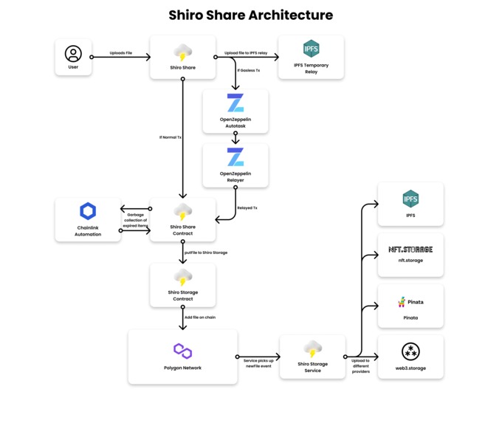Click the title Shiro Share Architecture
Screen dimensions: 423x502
pyautogui.click(x=250, y=15)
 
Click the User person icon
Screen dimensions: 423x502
pyautogui.click(x=73, y=53)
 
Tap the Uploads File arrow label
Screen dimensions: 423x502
pyautogui.click(x=120, y=52)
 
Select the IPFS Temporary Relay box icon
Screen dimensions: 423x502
pyautogui.click(x=311, y=49)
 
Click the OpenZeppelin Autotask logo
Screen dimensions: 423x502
pyautogui.click(x=235, y=103)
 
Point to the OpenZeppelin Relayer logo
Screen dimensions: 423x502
pyautogui.click(x=235, y=157)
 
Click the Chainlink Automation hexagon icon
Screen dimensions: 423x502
pyautogui.click(x=88, y=211)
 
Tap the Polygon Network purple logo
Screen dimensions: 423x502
pyautogui.click(x=182, y=351)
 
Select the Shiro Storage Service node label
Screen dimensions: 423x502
pyautogui.click(x=312, y=367)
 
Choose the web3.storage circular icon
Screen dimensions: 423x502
pyautogui.click(x=410, y=351)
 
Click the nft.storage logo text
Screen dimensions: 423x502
pyautogui.click(x=410, y=250)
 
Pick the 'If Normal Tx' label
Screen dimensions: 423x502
pyautogui.click(x=170, y=137)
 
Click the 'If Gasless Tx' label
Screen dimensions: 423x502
pyautogui.click(x=248, y=70)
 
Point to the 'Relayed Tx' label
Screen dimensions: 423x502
pyautogui.click(x=247, y=208)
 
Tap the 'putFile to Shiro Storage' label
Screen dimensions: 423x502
pyautogui.click(x=206, y=252)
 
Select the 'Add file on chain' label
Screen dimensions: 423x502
pyautogui.click(x=201, y=317)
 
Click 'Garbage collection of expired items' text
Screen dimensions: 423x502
pyautogui.click(x=135, y=220)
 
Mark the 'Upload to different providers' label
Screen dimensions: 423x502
pyautogui.click(x=360, y=365)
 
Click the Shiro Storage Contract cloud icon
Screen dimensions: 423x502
pyautogui.click(x=183, y=278)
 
